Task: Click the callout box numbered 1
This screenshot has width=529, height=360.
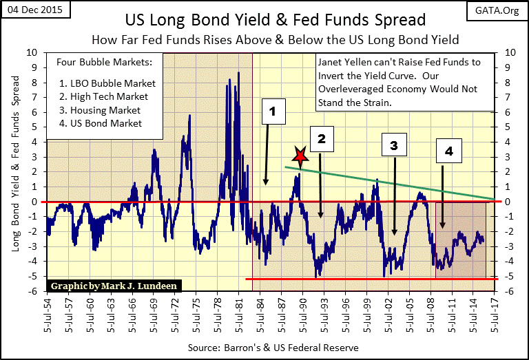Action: point(272,110)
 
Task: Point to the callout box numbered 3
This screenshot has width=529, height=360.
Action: point(393,145)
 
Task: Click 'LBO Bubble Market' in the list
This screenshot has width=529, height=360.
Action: point(110,83)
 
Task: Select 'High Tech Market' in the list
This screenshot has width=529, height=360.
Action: point(109,96)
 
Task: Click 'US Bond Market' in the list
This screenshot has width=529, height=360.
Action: point(107,123)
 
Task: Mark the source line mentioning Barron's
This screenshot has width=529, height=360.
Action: point(273,348)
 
